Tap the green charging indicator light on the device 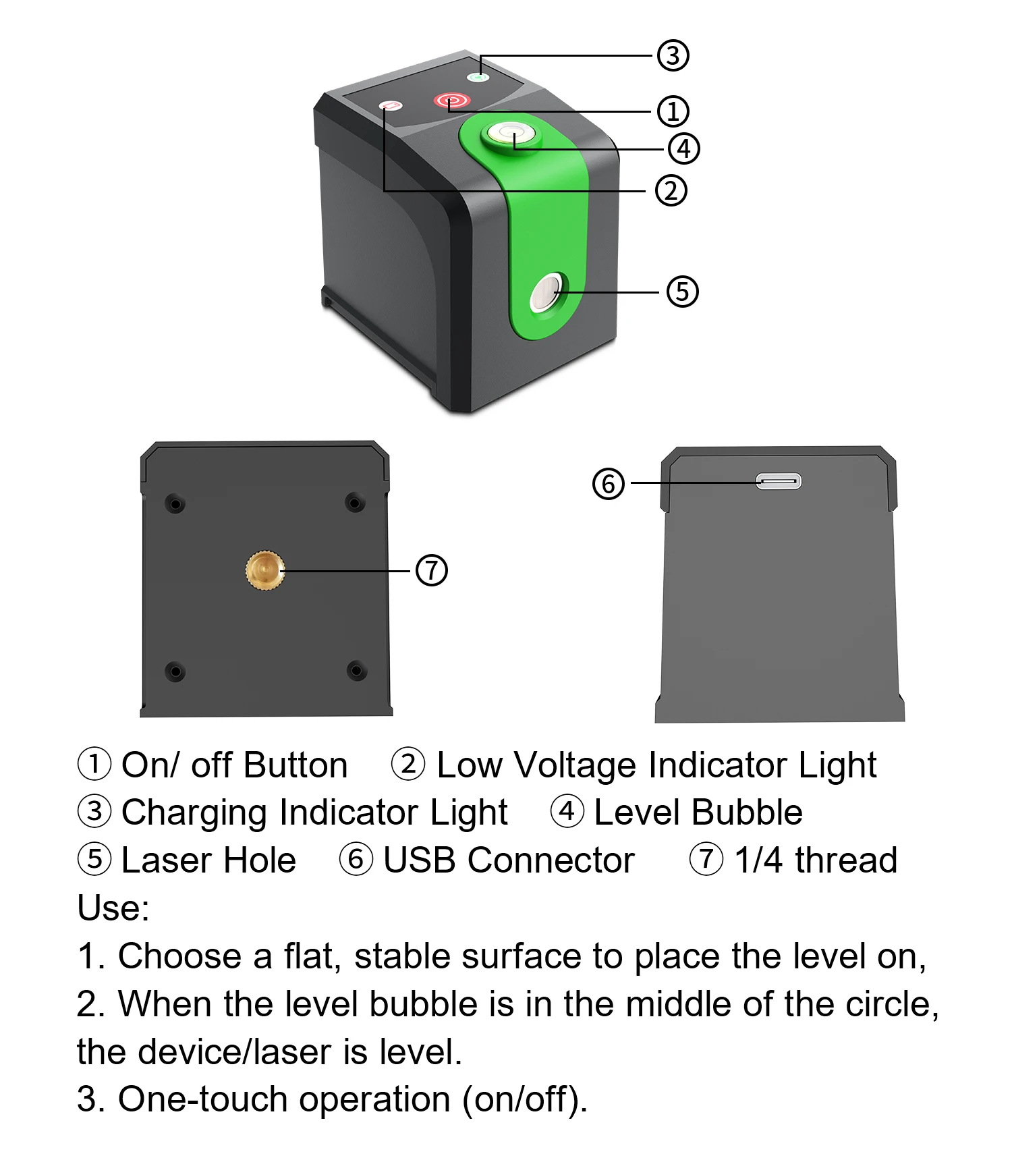(x=478, y=77)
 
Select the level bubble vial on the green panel (x=511, y=132)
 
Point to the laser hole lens (x=546, y=292)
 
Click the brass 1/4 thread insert (x=265, y=571)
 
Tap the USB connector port (x=779, y=481)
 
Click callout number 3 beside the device (x=673, y=55)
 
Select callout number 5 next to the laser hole (x=682, y=292)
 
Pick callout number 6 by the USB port (x=608, y=483)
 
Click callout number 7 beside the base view (x=431, y=570)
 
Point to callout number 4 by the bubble (x=683, y=148)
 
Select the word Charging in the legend (x=198, y=812)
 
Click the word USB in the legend (x=418, y=860)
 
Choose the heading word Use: (x=113, y=908)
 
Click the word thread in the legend (x=845, y=860)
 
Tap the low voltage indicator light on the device (x=391, y=106)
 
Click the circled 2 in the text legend (x=408, y=764)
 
